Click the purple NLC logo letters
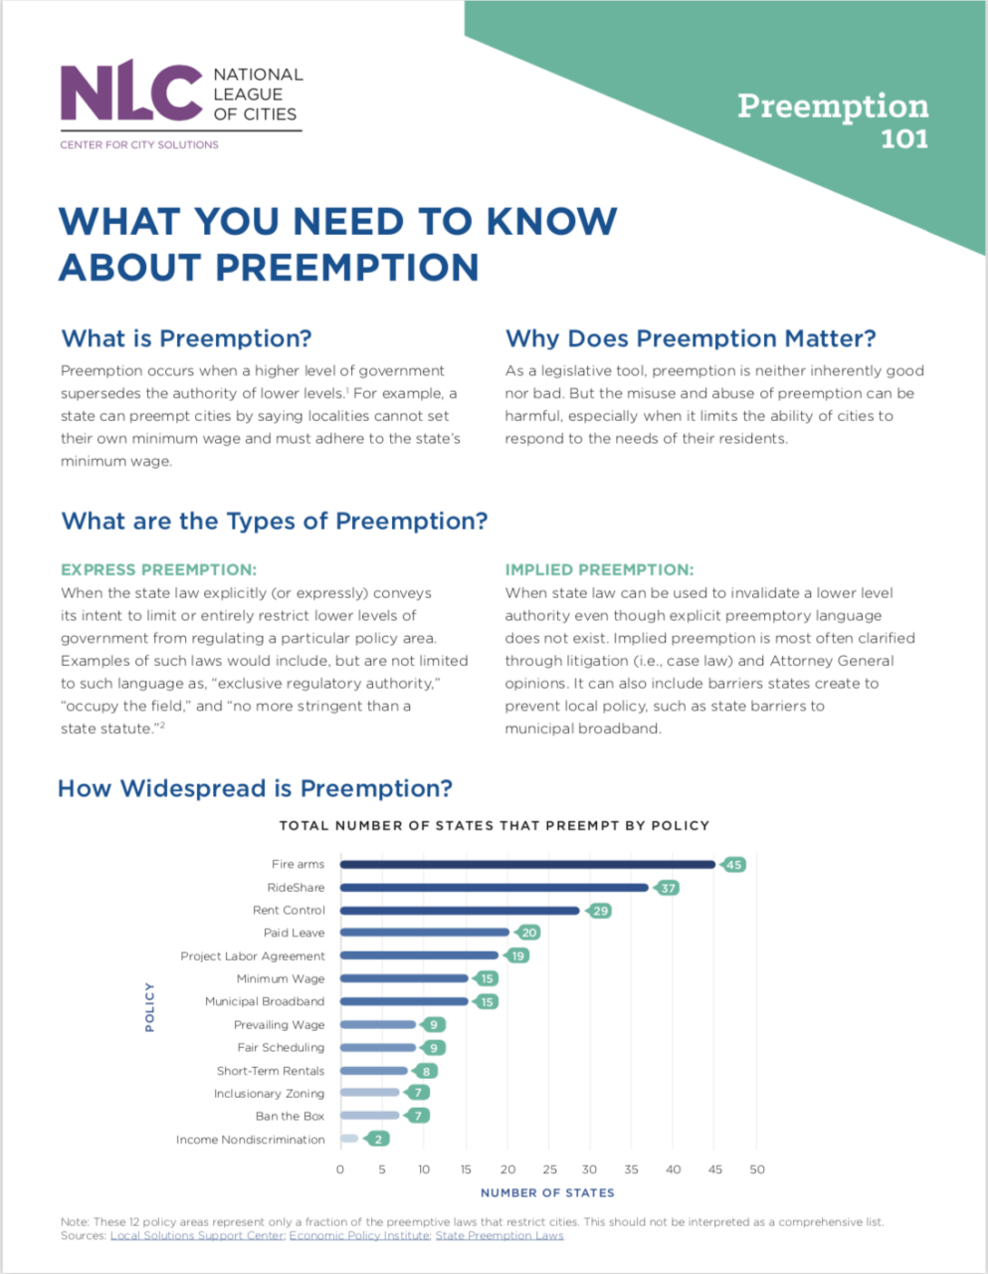[x=130, y=92]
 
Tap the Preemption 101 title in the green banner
[x=833, y=118]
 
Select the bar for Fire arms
[x=527, y=864]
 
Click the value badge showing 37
[x=668, y=888]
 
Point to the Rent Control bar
[x=460, y=910]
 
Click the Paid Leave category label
[x=294, y=933]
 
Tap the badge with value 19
[x=517, y=955]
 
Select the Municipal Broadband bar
[x=404, y=1001]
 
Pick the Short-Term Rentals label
[x=271, y=1071]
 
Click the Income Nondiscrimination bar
[x=349, y=1139]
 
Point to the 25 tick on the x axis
[x=549, y=1169]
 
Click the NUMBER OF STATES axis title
[x=547, y=1192]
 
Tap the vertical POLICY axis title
[x=149, y=1006]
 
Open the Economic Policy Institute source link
[x=359, y=1236]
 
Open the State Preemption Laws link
[x=499, y=1236]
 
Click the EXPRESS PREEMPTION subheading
[x=158, y=570]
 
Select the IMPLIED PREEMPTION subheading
[x=599, y=570]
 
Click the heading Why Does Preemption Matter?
[x=691, y=338]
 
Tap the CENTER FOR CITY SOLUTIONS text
[x=138, y=144]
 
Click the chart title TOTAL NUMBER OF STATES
[x=494, y=825]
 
